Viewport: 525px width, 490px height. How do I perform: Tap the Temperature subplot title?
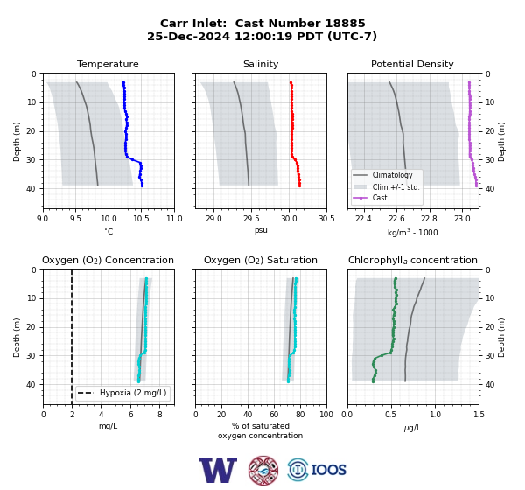coord(108,64)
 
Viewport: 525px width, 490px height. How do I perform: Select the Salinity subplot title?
coord(261,64)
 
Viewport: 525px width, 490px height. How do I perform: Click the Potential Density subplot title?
coord(412,64)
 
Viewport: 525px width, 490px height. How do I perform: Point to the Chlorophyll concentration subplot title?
coord(412,260)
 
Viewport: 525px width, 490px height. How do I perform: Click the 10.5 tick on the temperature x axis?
coord(141,219)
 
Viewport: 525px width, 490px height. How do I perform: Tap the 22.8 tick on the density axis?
coord(429,219)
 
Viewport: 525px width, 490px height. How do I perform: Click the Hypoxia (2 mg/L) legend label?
coord(133,393)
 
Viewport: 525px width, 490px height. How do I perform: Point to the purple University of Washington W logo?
coord(218,470)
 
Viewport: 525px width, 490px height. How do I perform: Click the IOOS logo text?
coord(328,470)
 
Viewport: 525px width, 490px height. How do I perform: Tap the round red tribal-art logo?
coord(263,470)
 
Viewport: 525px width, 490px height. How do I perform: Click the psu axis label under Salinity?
coord(261,230)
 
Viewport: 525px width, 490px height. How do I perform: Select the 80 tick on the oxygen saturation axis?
coord(300,415)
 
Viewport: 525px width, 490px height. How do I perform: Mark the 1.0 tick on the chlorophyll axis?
coord(435,415)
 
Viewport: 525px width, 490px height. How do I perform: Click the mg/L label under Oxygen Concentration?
coord(108,426)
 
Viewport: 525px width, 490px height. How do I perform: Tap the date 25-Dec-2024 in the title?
coord(188,36)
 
